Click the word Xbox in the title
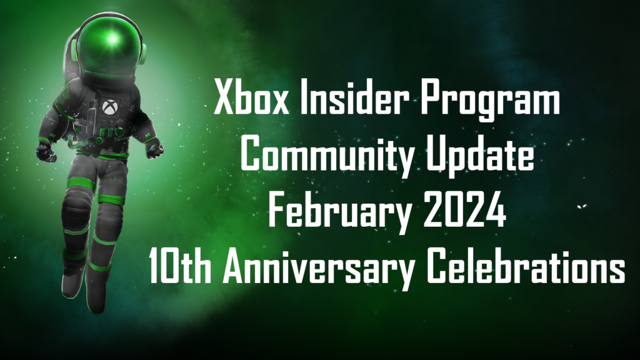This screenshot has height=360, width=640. click(251, 97)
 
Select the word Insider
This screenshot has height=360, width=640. click(354, 97)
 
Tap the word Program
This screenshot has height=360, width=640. click(490, 101)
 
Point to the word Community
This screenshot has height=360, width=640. click(327, 156)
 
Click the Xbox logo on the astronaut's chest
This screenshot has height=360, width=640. click(109, 107)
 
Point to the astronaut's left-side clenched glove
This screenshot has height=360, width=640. click(46, 152)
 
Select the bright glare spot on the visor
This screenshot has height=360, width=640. click(112, 39)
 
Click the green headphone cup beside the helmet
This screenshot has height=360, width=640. click(143, 54)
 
